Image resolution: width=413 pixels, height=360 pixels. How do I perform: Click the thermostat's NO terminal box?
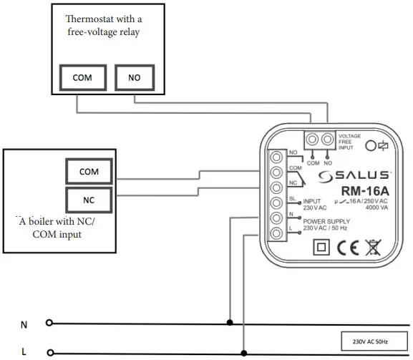135,77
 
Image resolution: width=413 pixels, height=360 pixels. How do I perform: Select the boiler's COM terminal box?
89,172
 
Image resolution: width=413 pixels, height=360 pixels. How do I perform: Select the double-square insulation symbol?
321,248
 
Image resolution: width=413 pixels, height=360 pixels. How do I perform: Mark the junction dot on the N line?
229,322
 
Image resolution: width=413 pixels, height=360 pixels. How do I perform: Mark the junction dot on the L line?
245,352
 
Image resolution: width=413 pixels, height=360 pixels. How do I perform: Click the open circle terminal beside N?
49,323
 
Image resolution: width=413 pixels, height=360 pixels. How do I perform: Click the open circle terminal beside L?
49,352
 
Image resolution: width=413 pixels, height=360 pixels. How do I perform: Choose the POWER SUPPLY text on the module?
326,220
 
